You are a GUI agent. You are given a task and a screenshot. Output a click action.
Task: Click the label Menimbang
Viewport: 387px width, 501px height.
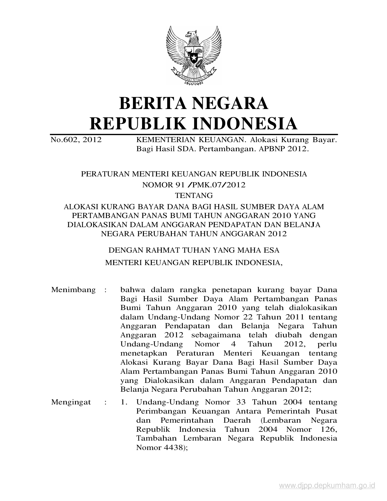[73, 290]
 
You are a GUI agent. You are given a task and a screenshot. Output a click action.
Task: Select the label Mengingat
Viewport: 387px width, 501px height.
[71, 402]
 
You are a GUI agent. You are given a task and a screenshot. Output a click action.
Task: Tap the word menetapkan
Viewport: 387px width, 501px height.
[144, 353]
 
